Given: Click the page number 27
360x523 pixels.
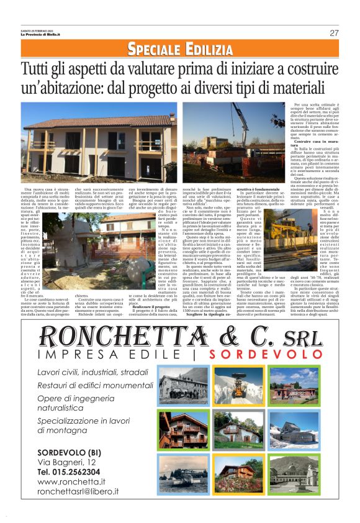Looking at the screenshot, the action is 334,33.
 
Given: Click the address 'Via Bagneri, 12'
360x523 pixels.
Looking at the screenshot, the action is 67,462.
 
